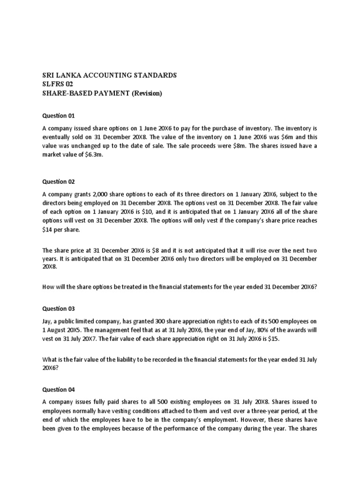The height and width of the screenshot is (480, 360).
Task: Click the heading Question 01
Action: coord(59,115)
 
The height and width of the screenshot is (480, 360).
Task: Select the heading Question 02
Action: coord(59,181)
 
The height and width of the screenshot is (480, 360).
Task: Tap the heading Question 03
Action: coord(59,308)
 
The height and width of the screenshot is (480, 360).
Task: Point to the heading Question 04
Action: coord(59,389)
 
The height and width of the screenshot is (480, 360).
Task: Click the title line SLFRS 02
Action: coord(58,84)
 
